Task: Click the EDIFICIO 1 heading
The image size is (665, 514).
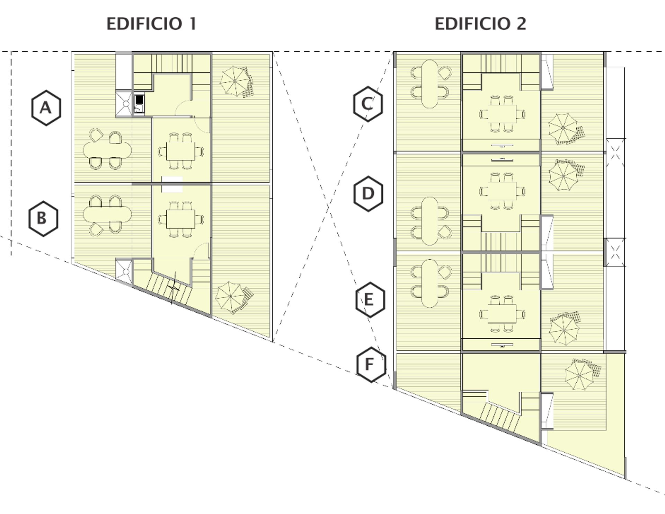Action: point(151,24)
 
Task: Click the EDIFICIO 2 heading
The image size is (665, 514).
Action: point(480,24)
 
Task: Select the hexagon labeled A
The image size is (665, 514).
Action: point(46,108)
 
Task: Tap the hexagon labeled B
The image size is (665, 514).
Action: point(43,219)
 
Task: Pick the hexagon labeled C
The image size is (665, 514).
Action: point(368,104)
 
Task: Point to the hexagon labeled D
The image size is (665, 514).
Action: point(368,194)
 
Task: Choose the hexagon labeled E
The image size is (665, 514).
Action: point(370,300)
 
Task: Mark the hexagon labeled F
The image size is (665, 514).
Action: point(371,365)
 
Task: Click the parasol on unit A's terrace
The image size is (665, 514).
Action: point(234,81)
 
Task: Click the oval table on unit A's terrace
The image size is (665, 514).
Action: point(107,150)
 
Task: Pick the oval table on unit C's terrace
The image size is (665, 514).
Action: point(430,84)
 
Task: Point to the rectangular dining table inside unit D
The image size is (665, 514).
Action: point(502,191)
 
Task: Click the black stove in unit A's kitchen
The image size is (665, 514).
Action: point(139,100)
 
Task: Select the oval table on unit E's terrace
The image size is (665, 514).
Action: point(430,284)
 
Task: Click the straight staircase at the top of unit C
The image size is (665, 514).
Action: point(501,63)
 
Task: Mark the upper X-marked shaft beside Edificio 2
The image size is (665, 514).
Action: point(615,153)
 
